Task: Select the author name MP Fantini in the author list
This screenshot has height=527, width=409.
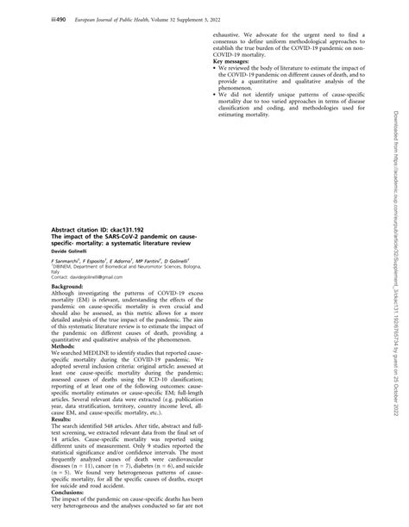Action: (x=142, y=259)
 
